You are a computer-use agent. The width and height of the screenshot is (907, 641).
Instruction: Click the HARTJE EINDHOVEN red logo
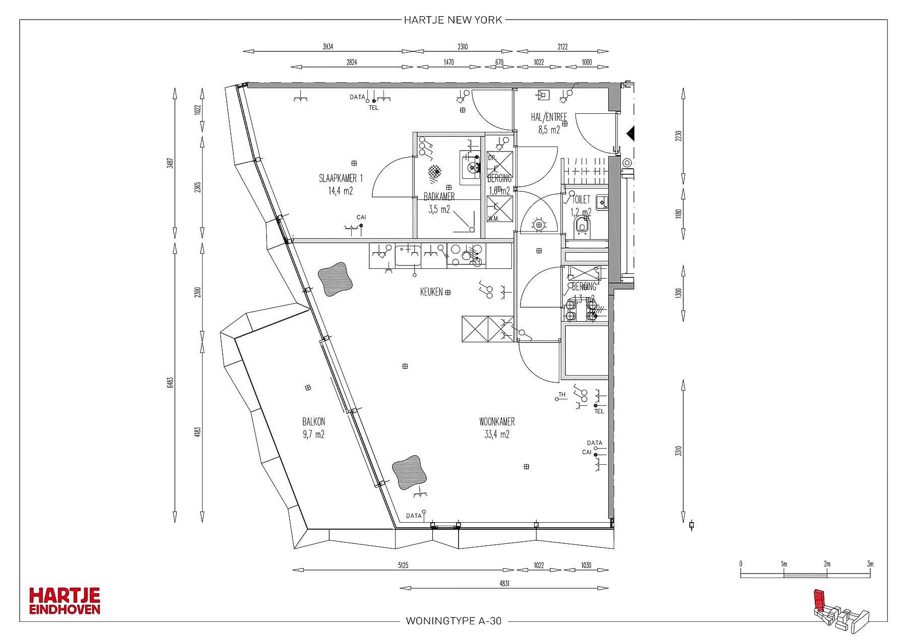pyautogui.click(x=64, y=601)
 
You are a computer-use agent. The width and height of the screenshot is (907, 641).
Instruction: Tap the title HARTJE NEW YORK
pyautogui.click(x=453, y=20)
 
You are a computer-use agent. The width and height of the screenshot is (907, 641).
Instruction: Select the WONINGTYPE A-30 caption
pyautogui.click(x=453, y=621)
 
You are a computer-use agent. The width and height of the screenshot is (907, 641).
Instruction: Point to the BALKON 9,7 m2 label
pyautogui.click(x=313, y=428)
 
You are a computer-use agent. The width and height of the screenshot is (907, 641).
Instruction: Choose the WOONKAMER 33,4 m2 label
pyautogui.click(x=497, y=428)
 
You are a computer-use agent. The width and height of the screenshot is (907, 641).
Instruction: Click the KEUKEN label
pyautogui.click(x=432, y=292)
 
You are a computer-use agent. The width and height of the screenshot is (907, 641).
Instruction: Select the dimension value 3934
pyautogui.click(x=328, y=46)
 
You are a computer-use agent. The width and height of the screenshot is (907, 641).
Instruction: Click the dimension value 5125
pyautogui.click(x=402, y=565)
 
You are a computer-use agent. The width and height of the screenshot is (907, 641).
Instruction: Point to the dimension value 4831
pyautogui.click(x=503, y=583)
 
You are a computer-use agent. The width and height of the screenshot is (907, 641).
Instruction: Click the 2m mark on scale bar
pyautogui.click(x=827, y=564)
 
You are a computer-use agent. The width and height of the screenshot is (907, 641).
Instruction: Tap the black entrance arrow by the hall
pyautogui.click(x=630, y=133)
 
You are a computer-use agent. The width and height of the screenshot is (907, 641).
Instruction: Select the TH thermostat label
pyautogui.click(x=562, y=395)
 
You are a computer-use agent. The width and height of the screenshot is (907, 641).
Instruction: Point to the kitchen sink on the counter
pyautogui.click(x=408, y=255)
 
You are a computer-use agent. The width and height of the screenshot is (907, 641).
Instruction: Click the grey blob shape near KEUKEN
pyautogui.click(x=335, y=278)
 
